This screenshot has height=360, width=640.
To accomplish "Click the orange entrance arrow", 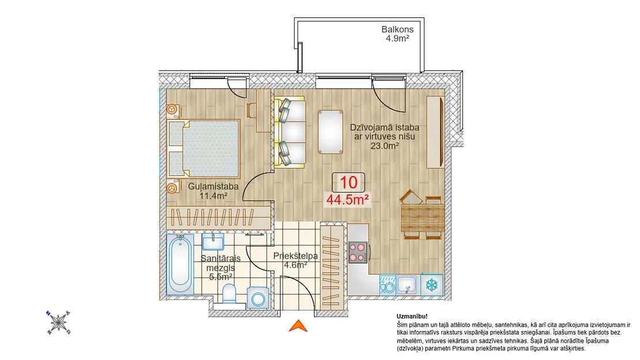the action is tap(298, 326).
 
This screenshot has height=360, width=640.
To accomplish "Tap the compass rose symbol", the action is tap(58, 322).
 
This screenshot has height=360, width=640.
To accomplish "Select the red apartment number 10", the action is tap(349, 183).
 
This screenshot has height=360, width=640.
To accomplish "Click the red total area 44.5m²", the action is tap(348, 200).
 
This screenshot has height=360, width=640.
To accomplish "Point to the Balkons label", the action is tap(398, 29).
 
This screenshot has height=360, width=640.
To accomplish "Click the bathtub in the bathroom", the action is tap(180, 264).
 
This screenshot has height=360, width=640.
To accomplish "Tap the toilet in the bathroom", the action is tap(229, 294).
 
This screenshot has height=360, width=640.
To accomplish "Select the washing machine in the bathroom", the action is tap(258, 297).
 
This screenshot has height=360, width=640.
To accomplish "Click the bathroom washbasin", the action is tap(213, 242).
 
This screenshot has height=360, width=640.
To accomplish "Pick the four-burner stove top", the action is tap(358, 252).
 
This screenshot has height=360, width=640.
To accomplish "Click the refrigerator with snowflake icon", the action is tap(431, 284).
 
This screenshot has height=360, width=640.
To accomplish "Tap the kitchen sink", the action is tap(407, 284).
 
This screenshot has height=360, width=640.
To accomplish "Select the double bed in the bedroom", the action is tap(204, 149).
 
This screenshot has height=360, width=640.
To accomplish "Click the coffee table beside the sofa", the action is tap(330, 132).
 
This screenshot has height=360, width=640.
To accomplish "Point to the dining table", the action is tap(423, 218).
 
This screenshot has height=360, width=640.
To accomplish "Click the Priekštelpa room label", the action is tap(296, 256).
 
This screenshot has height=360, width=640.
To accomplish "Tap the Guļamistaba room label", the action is tap(213, 186).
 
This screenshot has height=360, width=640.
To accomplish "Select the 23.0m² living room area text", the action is tap(385, 145).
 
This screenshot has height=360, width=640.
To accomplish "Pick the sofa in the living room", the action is tap(290, 132).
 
